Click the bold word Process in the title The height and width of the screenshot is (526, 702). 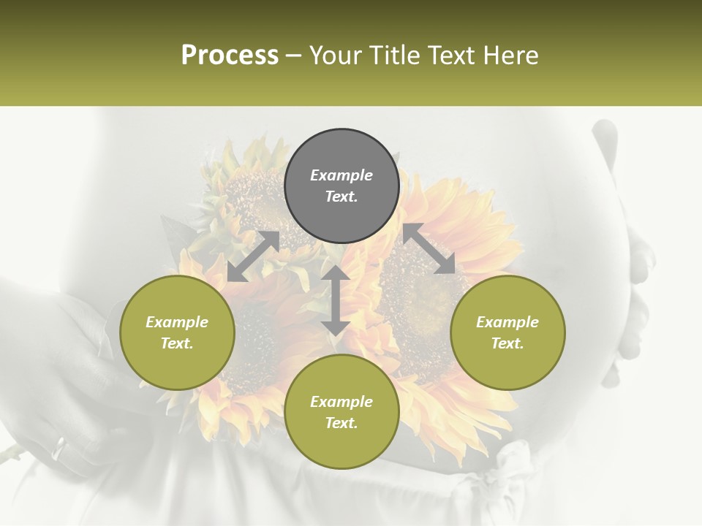[x=230, y=56]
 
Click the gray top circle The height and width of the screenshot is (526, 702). [x=341, y=186]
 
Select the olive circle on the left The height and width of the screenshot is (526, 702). [x=177, y=332]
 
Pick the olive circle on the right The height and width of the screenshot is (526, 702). [x=507, y=332]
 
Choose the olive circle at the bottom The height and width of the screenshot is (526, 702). [x=341, y=412]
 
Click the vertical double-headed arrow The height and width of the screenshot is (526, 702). [x=336, y=300]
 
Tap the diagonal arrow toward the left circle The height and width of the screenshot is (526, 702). [x=253, y=256]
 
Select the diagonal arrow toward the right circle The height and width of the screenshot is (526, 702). [x=429, y=248]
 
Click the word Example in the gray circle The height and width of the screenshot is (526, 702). [x=341, y=175]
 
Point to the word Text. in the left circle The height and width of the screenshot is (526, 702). [x=177, y=343]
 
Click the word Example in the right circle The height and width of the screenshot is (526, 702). [x=507, y=322]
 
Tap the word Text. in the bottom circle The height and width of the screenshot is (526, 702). [x=341, y=423]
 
